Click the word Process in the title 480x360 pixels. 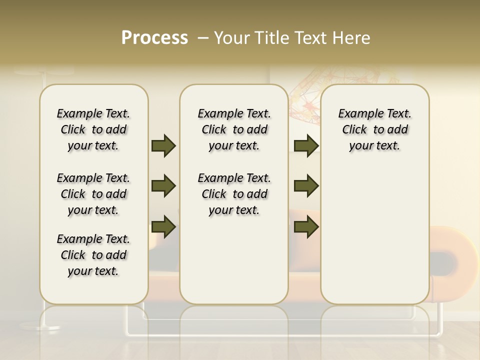pos(154,38)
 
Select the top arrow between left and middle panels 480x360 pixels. pos(163,145)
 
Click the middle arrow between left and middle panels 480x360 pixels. pos(163,186)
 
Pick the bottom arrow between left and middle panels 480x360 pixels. pos(163,226)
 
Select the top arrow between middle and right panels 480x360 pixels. pos(306,145)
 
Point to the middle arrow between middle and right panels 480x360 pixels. pos(306,186)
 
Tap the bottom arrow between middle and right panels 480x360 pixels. pos(306,226)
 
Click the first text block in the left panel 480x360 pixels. pos(93,129)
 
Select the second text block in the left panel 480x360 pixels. pos(93,194)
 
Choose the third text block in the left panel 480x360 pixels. pos(93,255)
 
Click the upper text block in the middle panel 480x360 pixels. pos(234,129)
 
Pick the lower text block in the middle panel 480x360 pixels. pos(234,194)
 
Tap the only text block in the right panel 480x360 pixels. pos(374,129)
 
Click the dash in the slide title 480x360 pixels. pos(203,38)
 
